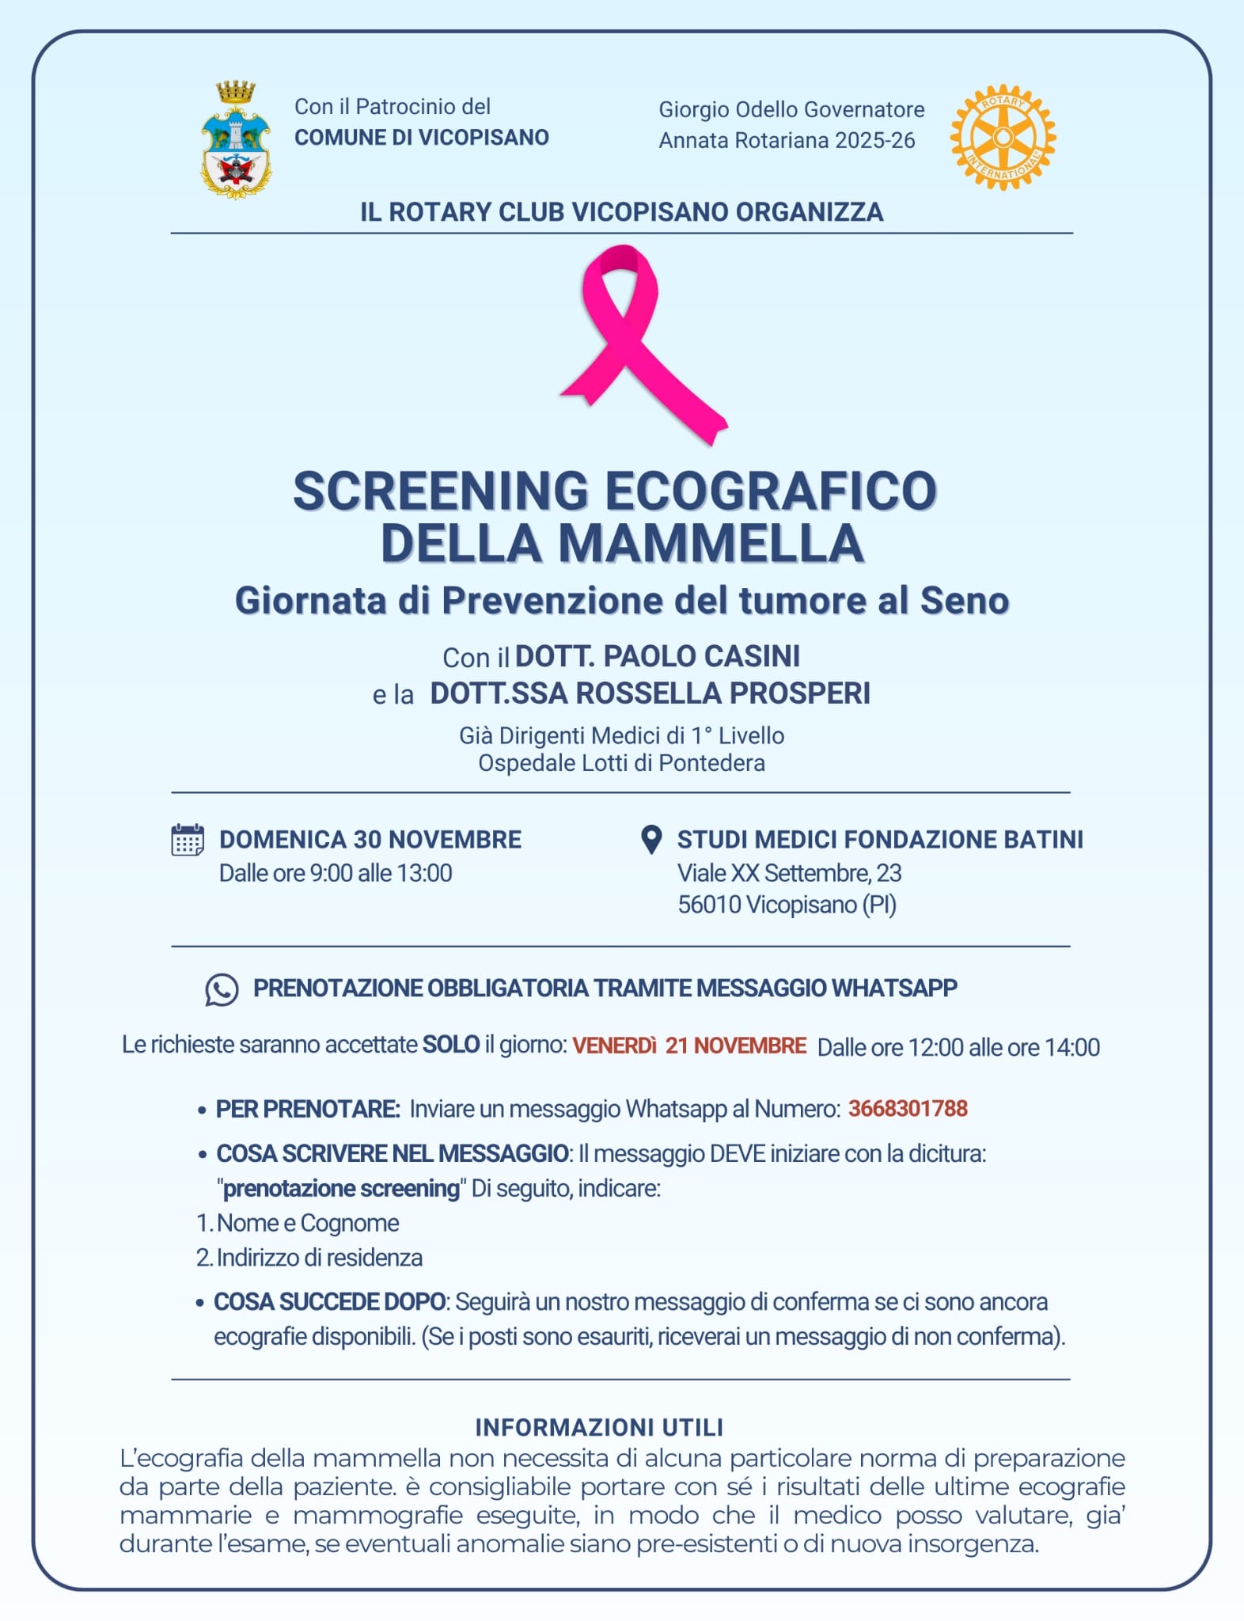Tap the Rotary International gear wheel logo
tap(1003, 138)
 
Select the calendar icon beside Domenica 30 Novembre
tap(188, 840)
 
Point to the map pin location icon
tap(650, 840)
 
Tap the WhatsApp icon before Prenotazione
tap(222, 989)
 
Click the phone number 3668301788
tap(908, 1108)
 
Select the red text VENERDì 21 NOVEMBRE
tap(689, 1046)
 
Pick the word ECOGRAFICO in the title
tap(771, 491)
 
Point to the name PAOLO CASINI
tap(701, 656)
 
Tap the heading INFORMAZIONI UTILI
tap(599, 1427)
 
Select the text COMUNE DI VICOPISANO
tap(422, 138)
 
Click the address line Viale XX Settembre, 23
tap(789, 873)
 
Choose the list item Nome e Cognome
tap(308, 1223)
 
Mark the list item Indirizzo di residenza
tap(319, 1258)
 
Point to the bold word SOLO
tap(451, 1045)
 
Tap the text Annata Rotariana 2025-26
tap(787, 141)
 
